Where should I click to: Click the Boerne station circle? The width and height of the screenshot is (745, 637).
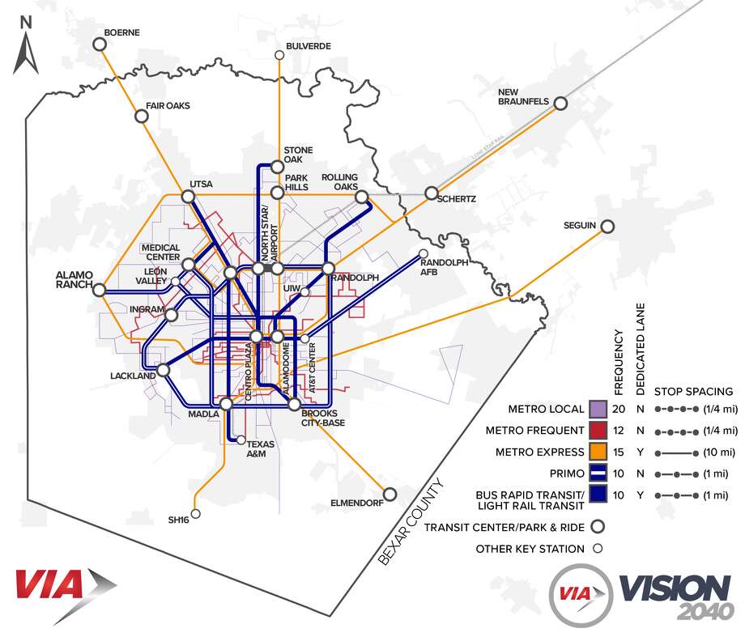point(100,45)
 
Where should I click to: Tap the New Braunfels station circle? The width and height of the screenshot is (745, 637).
point(560,103)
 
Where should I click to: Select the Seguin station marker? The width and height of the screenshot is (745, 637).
point(607,227)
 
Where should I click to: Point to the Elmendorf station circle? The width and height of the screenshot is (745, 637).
point(390,494)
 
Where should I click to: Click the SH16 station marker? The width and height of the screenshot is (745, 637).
point(195,514)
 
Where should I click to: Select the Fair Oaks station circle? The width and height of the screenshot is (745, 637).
point(141,117)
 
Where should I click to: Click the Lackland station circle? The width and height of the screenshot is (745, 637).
point(163,371)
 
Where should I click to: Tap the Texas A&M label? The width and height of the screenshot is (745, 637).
point(261,448)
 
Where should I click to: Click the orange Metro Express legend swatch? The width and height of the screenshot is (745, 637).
point(598,451)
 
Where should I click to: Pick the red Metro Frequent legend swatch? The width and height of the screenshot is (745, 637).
point(598,430)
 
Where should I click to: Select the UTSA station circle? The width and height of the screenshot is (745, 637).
point(188,197)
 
